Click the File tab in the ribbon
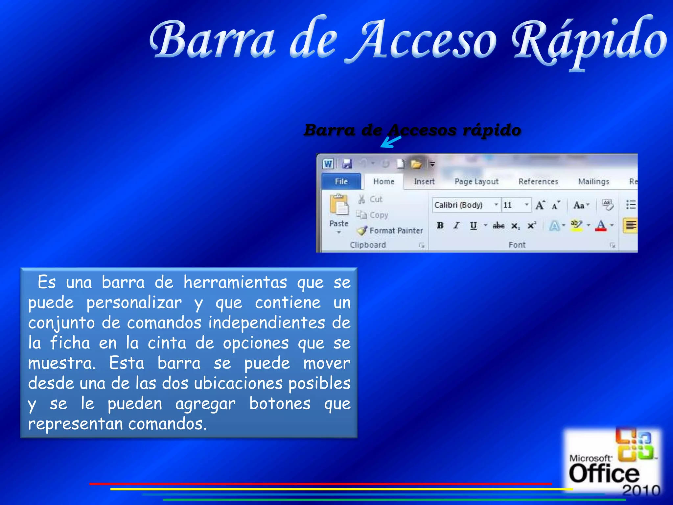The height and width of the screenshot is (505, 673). click(x=341, y=181)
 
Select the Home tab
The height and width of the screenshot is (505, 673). click(x=383, y=181)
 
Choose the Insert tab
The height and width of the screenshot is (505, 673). click(x=424, y=181)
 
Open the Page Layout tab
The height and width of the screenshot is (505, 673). click(x=476, y=181)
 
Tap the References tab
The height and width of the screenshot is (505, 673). click(x=538, y=181)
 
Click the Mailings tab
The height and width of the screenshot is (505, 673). click(x=593, y=181)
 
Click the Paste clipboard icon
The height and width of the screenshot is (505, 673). click(x=339, y=205)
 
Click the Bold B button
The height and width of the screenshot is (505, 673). click(x=440, y=226)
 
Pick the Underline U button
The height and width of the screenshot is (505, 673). click(x=473, y=226)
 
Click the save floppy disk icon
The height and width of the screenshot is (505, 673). click(x=347, y=163)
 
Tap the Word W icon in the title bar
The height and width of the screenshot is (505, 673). click(x=328, y=163)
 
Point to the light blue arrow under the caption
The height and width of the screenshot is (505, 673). click(x=390, y=142)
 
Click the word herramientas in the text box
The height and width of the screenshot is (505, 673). click(x=235, y=282)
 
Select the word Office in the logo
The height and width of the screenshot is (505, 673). click(x=604, y=474)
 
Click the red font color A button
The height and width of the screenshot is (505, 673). click(x=601, y=226)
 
